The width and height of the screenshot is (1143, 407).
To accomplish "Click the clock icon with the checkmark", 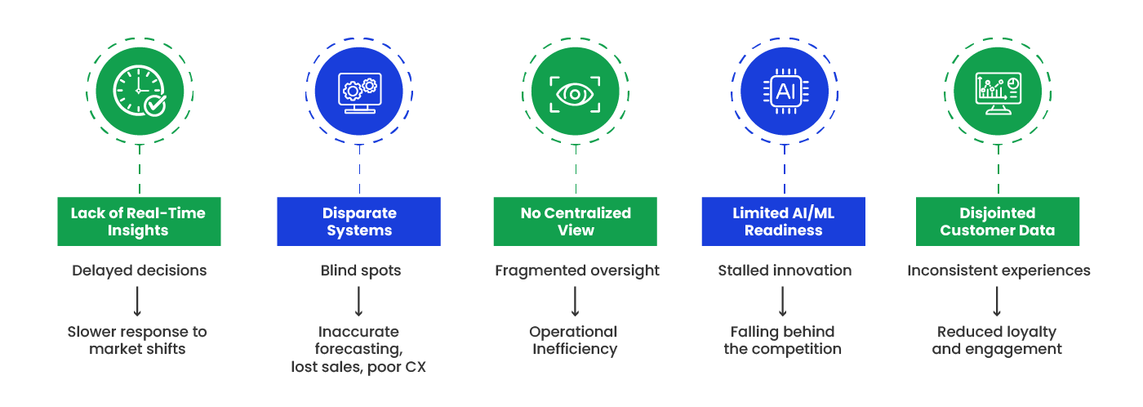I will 139,90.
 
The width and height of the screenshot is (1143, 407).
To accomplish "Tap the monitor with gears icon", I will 359,90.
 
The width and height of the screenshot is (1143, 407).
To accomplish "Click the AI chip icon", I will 783,91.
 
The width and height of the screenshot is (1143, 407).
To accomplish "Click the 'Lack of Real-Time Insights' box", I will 139,221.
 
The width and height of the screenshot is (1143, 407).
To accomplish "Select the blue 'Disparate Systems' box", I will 359,221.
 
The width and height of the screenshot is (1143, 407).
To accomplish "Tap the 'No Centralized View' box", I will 575,221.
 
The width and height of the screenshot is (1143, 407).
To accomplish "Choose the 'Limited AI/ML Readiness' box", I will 783,221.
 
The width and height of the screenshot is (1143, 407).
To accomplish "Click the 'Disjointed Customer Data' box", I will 998,221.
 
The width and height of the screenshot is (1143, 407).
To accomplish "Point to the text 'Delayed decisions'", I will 139,271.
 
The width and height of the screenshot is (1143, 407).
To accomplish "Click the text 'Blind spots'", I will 360,271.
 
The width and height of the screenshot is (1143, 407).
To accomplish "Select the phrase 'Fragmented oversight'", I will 576,271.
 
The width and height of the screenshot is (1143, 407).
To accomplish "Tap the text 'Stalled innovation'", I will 784,271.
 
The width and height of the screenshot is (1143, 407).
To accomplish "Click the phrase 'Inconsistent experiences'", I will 998,271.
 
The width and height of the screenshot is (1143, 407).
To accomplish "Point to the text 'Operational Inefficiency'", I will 574,340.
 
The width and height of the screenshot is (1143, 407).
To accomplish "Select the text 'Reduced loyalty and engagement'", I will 997,340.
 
